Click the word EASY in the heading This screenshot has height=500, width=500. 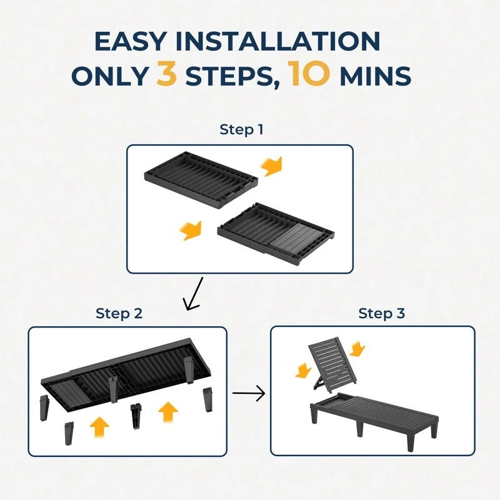pyautogui.click(x=130, y=41)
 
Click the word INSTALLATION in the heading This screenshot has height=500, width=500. pyautogui.click(x=277, y=41)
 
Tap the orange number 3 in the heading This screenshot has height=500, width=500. pyautogui.click(x=167, y=74)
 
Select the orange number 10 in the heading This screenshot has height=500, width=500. pyautogui.click(x=309, y=74)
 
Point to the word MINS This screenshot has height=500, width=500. pyautogui.click(x=376, y=76)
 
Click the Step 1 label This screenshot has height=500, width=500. pyautogui.click(x=241, y=129)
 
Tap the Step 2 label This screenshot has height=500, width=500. pyautogui.click(x=119, y=313)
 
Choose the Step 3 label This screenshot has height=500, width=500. pyautogui.click(x=381, y=313)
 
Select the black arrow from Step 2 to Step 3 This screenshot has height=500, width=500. pyautogui.click(x=249, y=393)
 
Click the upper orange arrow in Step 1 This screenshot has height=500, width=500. pyautogui.click(x=271, y=166)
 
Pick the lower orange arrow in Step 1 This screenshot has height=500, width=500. pyautogui.click(x=191, y=231)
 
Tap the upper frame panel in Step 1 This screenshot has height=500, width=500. pyautogui.click(x=201, y=180)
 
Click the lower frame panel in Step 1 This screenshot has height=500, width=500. pyautogui.click(x=276, y=234)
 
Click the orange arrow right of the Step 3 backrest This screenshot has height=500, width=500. pyautogui.click(x=357, y=349)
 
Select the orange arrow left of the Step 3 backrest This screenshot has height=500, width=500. pyautogui.click(x=303, y=370)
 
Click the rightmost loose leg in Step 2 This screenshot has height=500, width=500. pyautogui.click(x=207, y=399)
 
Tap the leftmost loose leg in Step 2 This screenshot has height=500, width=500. pyautogui.click(x=44, y=408)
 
